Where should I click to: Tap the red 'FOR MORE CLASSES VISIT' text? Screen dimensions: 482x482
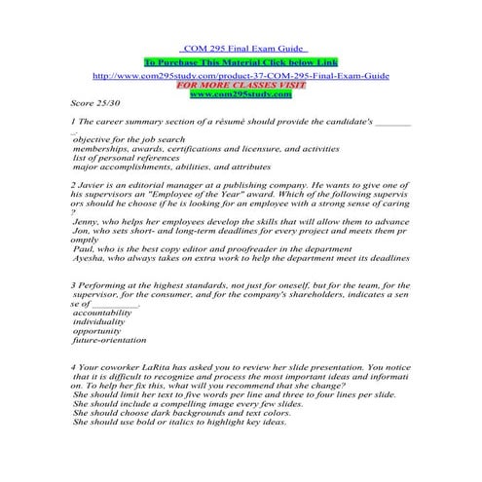241,84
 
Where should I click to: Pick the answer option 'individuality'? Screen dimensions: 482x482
101,322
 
